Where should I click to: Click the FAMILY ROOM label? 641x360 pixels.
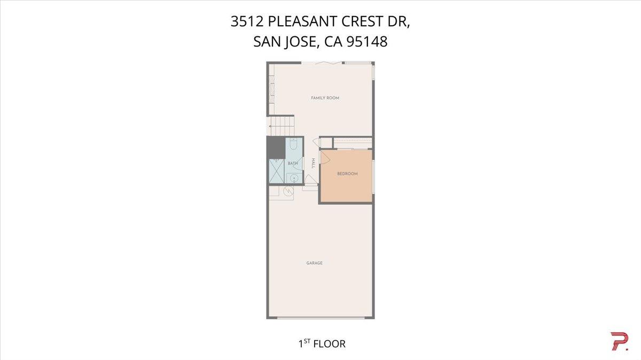325,98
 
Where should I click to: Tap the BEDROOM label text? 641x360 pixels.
347,174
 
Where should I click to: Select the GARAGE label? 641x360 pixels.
314,263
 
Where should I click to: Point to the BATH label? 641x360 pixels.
293,163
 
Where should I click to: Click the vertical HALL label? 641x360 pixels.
313,163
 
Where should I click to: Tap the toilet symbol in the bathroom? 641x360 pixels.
293,144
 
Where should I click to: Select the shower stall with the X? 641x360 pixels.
276,172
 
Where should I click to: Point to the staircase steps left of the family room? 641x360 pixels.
281,126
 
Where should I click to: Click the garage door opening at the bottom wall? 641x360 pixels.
320,318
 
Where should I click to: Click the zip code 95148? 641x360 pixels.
366,42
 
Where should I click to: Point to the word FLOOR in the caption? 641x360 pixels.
330,344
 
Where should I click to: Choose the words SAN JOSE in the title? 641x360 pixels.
286,42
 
